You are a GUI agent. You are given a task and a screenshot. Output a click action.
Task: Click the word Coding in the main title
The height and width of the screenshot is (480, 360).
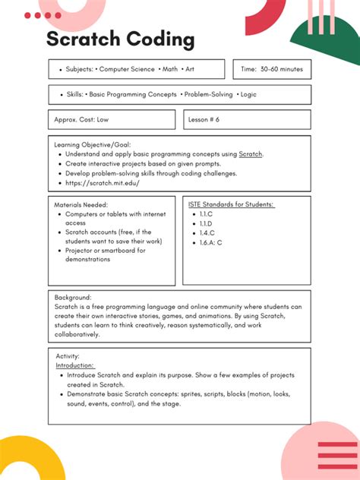click(160, 39)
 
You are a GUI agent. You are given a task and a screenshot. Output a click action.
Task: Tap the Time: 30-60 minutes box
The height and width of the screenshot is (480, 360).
click(271, 69)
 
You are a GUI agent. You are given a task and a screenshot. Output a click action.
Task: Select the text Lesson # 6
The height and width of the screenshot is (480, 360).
click(204, 120)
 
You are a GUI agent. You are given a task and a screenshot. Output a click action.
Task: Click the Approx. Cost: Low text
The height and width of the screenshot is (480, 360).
click(81, 120)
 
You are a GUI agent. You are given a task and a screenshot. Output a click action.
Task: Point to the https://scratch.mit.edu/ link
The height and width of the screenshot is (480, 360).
click(103, 183)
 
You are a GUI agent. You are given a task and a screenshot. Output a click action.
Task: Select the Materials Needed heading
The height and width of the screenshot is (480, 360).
click(81, 204)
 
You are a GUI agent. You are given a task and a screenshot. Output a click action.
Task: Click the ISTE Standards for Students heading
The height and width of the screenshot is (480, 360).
click(231, 204)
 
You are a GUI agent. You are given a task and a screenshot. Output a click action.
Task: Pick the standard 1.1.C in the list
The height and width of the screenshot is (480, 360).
click(205, 214)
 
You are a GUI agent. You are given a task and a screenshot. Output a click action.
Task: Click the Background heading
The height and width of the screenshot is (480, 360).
click(73, 297)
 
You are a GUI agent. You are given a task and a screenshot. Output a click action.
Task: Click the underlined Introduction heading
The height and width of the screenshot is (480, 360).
click(75, 365)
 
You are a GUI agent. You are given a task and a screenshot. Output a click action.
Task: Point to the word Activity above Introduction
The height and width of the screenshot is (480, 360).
click(68, 355)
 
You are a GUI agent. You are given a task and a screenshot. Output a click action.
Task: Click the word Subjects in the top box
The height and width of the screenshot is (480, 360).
click(79, 69)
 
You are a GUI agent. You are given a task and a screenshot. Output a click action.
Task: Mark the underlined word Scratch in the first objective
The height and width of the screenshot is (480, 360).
click(250, 153)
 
